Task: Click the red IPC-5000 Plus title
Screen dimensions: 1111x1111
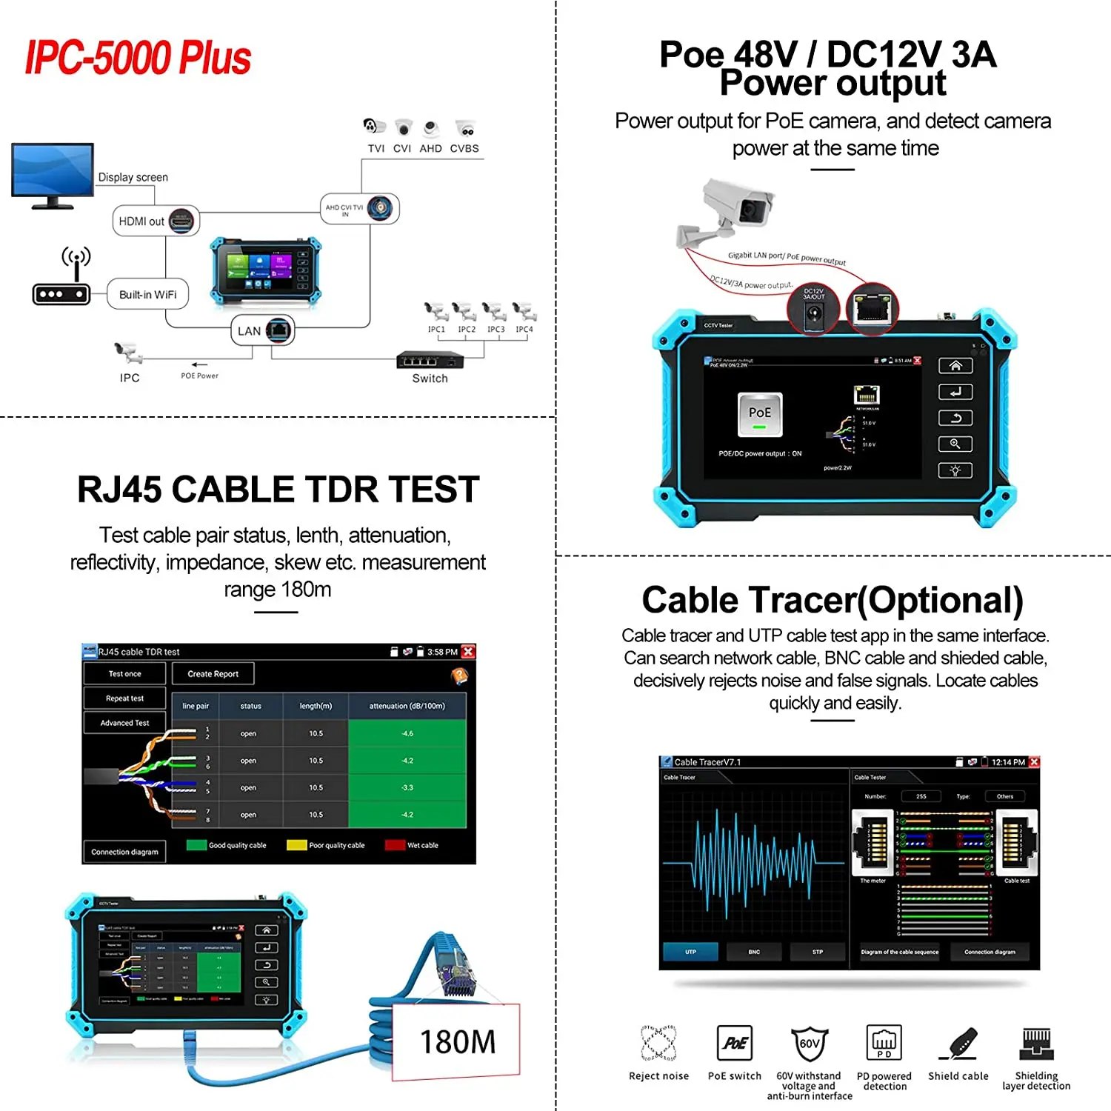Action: pos(139,58)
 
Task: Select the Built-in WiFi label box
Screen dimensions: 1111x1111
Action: pos(147,294)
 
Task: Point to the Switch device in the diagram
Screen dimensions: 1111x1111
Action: pos(430,360)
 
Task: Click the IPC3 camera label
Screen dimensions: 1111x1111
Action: pos(496,329)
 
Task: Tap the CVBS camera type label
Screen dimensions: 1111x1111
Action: pos(464,148)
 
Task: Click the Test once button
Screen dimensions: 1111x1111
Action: pos(124,674)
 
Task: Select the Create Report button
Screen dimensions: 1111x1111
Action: pos(213,674)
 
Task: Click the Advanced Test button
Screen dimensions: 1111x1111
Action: pos(124,723)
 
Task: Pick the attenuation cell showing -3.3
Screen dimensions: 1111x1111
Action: pos(407,787)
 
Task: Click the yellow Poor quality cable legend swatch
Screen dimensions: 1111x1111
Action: pos(296,845)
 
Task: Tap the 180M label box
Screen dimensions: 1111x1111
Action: pos(457,1041)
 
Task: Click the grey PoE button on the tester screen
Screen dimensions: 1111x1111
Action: pos(760,414)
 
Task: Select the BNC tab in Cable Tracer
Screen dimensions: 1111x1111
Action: pos(754,952)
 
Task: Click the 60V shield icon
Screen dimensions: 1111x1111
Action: pos(809,1044)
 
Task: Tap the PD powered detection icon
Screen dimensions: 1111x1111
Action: pos(884,1043)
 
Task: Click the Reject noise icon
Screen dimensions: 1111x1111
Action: pos(658,1043)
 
